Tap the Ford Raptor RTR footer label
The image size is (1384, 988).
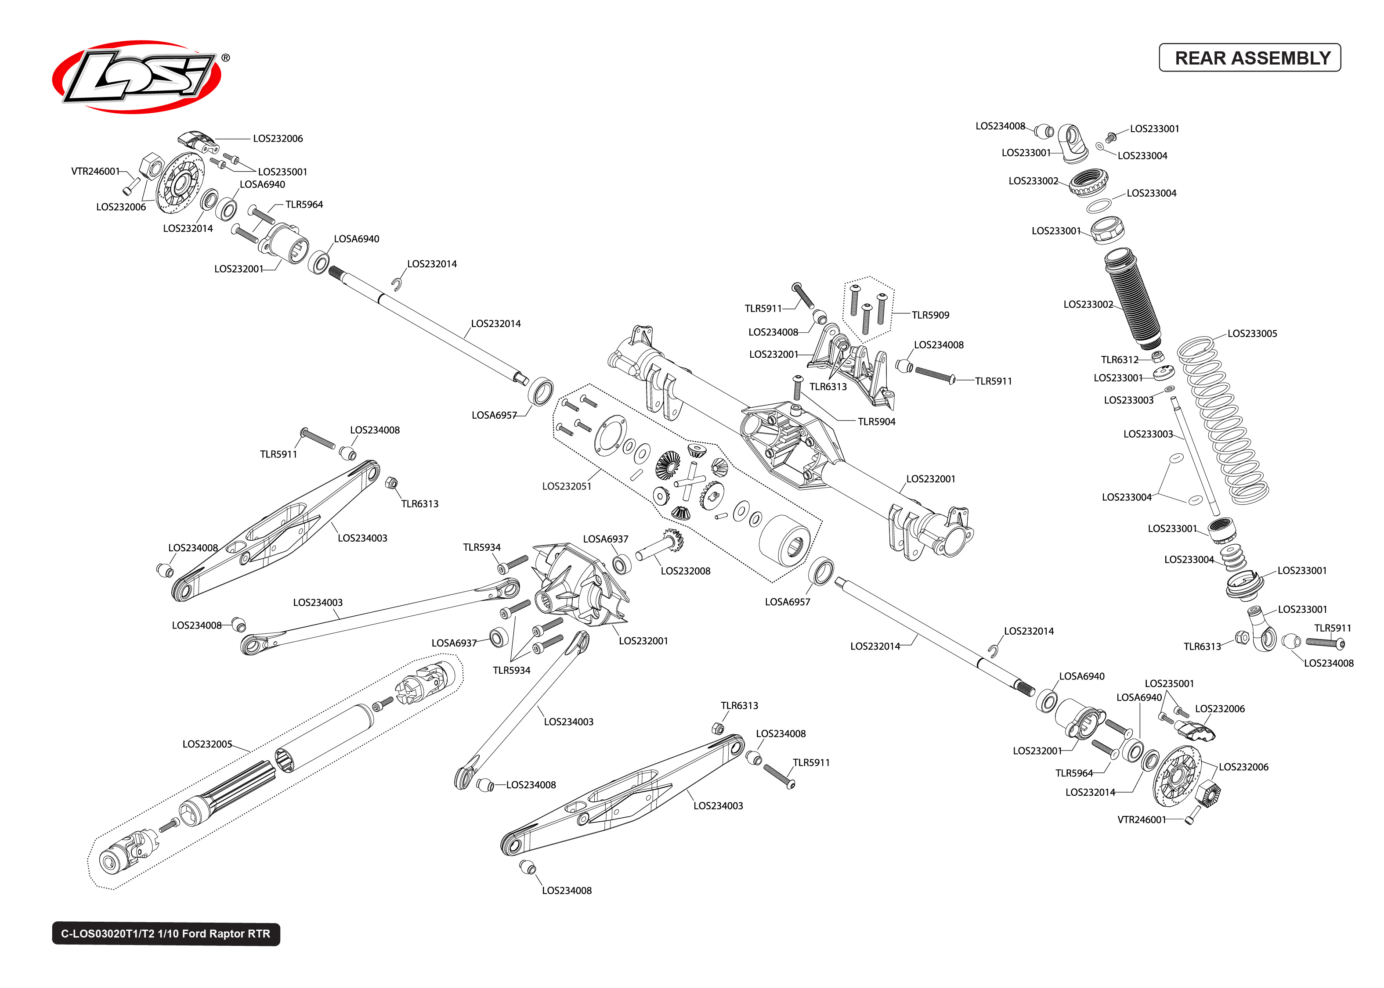point(166,933)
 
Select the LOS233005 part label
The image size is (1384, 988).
point(1251,334)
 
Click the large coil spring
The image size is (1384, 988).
point(1223,420)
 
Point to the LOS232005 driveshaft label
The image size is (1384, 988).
point(207,744)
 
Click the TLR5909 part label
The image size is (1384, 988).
point(930,315)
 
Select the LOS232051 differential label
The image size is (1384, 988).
point(566,486)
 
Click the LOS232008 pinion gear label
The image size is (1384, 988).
point(685,571)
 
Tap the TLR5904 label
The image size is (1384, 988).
point(876,422)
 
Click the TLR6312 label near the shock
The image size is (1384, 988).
point(1119,359)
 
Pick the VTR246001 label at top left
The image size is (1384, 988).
point(96,171)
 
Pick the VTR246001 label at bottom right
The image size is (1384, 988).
point(1141,819)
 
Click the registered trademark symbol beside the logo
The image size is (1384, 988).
point(225,58)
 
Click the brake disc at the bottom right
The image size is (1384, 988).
point(1177,776)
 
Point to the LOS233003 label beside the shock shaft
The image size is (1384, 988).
point(1147,434)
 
